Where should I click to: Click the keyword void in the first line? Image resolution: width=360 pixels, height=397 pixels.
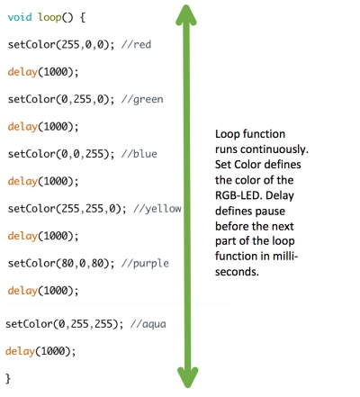click(x=20, y=17)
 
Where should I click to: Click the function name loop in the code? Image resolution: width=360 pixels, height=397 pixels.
click(x=49, y=17)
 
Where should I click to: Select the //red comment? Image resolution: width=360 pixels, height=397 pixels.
click(x=136, y=44)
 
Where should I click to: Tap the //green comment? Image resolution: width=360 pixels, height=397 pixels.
click(x=142, y=100)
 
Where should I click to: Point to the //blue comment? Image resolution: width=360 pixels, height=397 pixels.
click(x=139, y=154)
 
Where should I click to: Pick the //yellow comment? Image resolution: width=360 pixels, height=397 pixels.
click(x=157, y=209)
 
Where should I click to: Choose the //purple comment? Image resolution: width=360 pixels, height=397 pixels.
click(x=145, y=264)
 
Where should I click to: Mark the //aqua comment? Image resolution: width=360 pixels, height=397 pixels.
click(x=148, y=324)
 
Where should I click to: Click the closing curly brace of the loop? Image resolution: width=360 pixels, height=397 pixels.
click(x=8, y=378)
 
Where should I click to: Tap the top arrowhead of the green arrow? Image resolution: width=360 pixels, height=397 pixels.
click(x=186, y=14)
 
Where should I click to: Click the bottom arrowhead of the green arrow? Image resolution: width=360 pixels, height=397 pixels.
click(x=187, y=377)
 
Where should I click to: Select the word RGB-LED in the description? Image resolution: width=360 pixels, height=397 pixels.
click(x=238, y=195)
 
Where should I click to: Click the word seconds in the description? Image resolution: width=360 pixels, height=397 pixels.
click(x=237, y=272)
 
